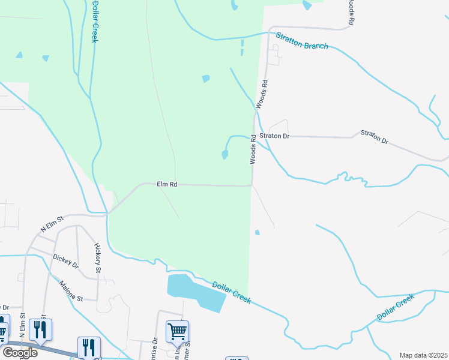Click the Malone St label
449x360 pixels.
[74, 290]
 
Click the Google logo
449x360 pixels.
[19, 353]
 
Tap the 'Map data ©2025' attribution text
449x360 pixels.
[423, 355]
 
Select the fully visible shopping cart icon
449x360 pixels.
[177, 331]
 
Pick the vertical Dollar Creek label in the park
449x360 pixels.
[94, 21]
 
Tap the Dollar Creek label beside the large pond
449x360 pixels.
[231, 292]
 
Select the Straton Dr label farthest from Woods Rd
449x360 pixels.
[374, 136]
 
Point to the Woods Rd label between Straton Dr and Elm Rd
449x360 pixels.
[253, 149]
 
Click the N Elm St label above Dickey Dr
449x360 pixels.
[52, 225]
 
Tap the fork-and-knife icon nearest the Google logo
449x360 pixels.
[41, 329]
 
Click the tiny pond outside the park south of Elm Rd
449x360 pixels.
[257, 232]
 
